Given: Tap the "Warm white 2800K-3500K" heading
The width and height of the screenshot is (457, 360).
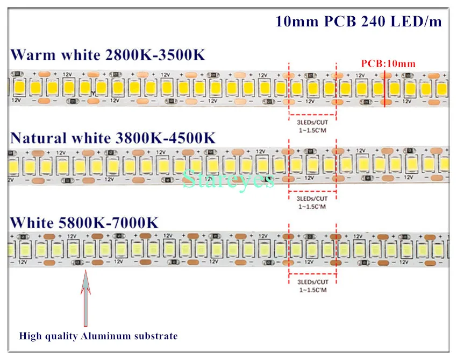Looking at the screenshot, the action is pyautogui.click(x=108, y=55).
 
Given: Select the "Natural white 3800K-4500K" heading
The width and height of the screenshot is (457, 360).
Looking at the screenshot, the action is pyautogui.click(x=113, y=137).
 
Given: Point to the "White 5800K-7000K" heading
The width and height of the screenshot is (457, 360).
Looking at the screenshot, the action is pyautogui.click(x=84, y=223).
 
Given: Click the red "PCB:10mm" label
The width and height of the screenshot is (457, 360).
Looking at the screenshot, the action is pyautogui.click(x=388, y=63).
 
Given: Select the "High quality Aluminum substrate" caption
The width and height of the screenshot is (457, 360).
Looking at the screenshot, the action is pyautogui.click(x=98, y=336).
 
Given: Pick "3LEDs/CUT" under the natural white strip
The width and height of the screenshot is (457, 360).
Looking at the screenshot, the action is pyautogui.click(x=312, y=199).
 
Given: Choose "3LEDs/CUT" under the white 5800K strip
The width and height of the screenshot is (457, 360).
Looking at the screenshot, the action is pyautogui.click(x=312, y=282).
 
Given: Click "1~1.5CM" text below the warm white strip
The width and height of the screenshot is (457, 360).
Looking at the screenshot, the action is pyautogui.click(x=312, y=129).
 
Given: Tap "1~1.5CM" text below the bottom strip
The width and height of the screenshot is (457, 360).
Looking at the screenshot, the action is pyautogui.click(x=312, y=290).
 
